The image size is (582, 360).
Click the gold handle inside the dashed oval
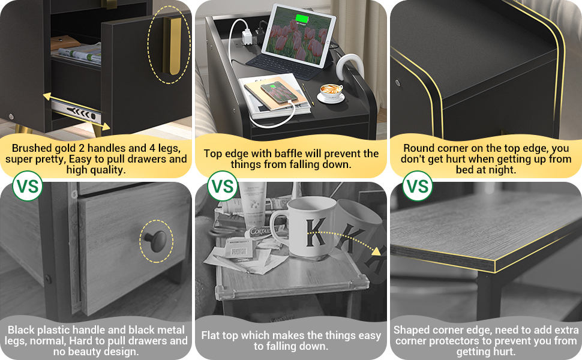[x=175, y=46]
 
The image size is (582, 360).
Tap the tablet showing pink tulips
[x=298, y=36]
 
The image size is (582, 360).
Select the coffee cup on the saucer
[x=331, y=91]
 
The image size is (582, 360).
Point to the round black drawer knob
[x=154, y=241]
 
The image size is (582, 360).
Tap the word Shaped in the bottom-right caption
[x=412, y=329]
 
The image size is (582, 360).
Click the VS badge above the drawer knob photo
[x=28, y=187]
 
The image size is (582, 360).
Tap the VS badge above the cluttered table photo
[x=223, y=187]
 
